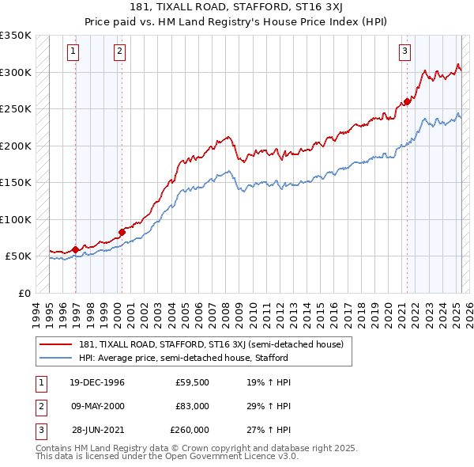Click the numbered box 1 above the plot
pyautogui.click(x=73, y=52)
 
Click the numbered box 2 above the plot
pyautogui.click(x=119, y=52)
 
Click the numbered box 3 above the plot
pyautogui.click(x=404, y=52)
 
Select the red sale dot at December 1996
pyautogui.click(x=76, y=249)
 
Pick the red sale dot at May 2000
pyautogui.click(x=122, y=232)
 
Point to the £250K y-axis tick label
pyautogui.click(x=15, y=109)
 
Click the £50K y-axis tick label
pyautogui.click(x=18, y=256)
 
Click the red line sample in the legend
pyautogui.click(x=57, y=344)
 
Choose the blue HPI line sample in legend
pyautogui.click(x=57, y=358)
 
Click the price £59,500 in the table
pyautogui.click(x=192, y=382)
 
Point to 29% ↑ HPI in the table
pyautogui.click(x=269, y=406)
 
